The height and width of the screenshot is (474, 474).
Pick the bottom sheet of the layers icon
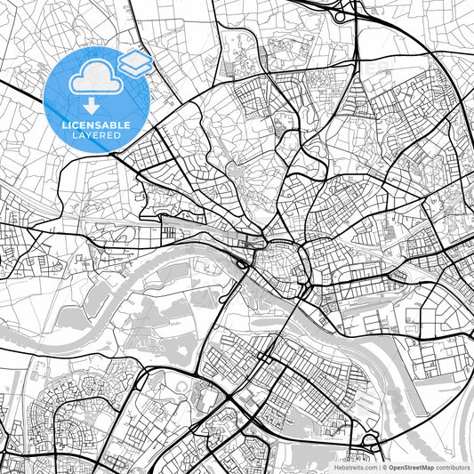click(x=135, y=68)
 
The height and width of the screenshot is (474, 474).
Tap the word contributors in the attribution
click(x=452, y=466)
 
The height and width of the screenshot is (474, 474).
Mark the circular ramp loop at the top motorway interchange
click(x=339, y=15)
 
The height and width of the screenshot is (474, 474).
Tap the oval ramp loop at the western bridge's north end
click(x=243, y=263)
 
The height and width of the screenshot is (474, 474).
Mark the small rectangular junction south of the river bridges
click(x=265, y=359)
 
